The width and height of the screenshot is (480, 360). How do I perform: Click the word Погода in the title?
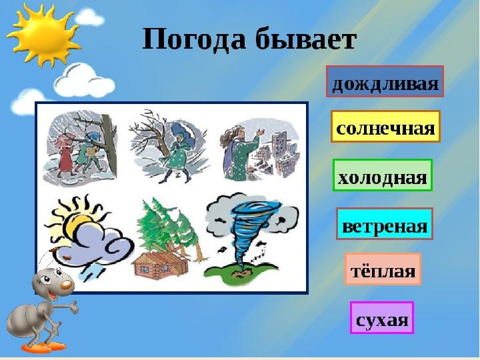coord(194,40)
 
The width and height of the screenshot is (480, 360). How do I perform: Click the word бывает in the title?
coord(306,39)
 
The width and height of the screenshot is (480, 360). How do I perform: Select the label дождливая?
coord(385,81)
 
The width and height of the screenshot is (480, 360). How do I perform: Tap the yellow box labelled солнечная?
coord(385,127)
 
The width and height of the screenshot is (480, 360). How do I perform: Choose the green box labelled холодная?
coord(383,175)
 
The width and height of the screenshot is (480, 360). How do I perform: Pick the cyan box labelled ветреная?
coord(385,223)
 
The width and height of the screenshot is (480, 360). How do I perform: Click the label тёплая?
coord(383,269)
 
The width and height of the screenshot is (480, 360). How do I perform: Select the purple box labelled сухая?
coord(382,317)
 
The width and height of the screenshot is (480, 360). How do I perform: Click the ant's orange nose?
coord(67,285)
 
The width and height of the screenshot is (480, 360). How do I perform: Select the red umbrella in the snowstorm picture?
coord(65,139)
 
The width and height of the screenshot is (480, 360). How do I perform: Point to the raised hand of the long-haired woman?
coord(261,133)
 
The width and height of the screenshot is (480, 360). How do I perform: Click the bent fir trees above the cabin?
coord(167,228)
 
